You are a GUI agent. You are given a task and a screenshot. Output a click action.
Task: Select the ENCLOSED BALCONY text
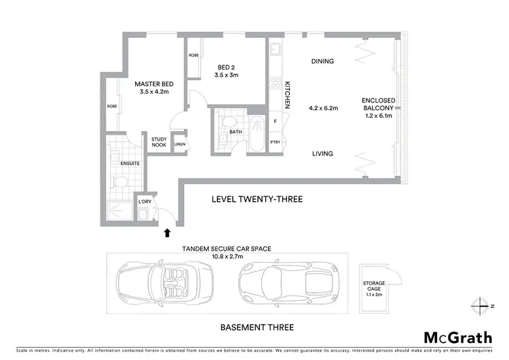[378, 108]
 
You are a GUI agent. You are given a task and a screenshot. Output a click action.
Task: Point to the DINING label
[322, 61]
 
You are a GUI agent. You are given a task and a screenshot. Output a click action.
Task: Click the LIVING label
[322, 154]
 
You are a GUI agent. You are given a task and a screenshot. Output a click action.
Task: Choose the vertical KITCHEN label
[288, 94]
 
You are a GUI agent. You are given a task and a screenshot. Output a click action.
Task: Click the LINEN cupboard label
[180, 144]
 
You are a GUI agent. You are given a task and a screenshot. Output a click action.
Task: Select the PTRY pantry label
[275, 142]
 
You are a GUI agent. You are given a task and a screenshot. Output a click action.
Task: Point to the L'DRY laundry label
[144, 202]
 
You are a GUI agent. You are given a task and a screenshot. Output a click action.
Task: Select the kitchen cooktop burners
[276, 84]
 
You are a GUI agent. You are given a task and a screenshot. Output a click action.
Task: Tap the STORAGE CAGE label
[373, 287]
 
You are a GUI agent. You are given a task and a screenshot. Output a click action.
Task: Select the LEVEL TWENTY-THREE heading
[257, 199]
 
